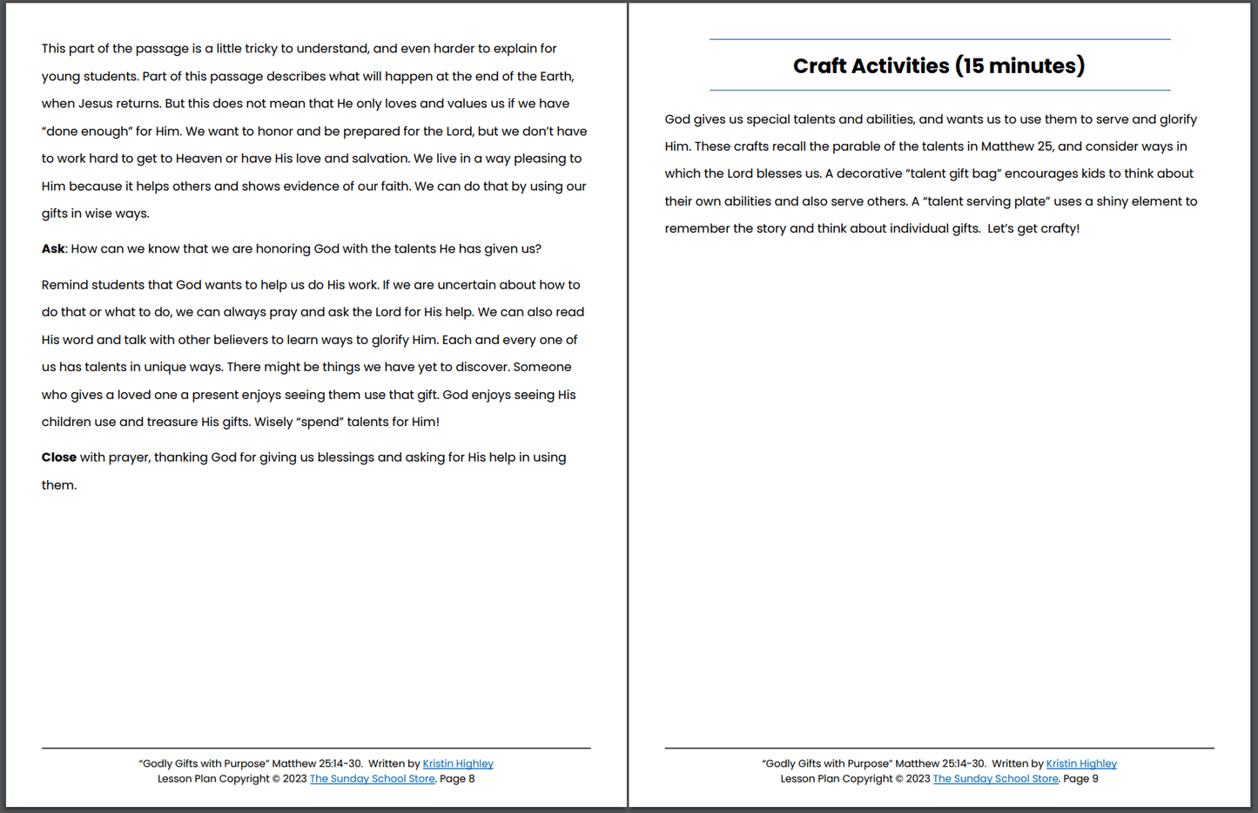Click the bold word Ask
coord(52,249)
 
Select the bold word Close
coord(58,457)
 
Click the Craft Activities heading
coord(938,66)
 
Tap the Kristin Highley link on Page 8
coord(458,764)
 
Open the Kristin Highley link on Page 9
coord(1081,764)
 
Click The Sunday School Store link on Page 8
coord(372,779)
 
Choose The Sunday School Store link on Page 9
coord(995,779)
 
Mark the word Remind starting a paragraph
coord(64,285)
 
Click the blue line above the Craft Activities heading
coord(939,39)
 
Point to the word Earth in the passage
coord(555,77)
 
